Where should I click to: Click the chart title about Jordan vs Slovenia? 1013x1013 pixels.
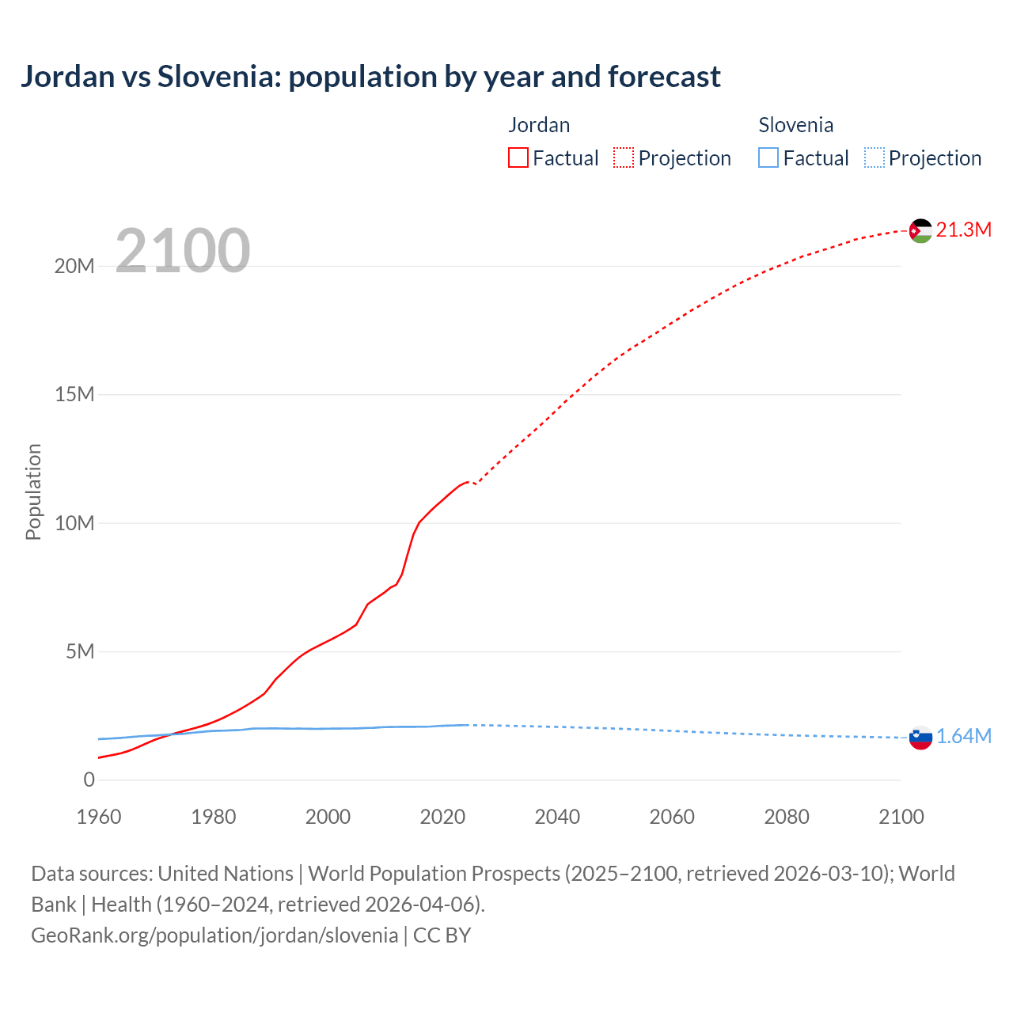pyautogui.click(x=370, y=77)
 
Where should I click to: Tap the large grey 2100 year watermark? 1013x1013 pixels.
pyautogui.click(x=183, y=251)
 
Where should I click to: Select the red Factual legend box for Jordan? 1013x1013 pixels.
pyautogui.click(x=518, y=157)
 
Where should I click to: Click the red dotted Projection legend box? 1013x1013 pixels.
pyautogui.click(x=624, y=157)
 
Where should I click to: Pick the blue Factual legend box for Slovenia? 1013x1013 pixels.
pyautogui.click(x=768, y=157)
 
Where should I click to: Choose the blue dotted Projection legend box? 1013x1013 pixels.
pyautogui.click(x=875, y=157)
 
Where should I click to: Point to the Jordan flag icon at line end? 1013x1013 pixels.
pyautogui.click(x=920, y=231)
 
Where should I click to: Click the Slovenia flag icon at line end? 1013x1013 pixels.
pyautogui.click(x=920, y=738)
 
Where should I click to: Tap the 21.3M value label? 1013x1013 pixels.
pyautogui.click(x=963, y=230)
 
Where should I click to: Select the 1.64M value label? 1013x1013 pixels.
pyautogui.click(x=963, y=737)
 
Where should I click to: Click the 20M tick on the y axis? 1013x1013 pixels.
pyautogui.click(x=74, y=267)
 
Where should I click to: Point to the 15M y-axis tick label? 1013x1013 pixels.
pyautogui.click(x=74, y=395)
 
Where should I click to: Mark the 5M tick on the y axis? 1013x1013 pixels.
pyautogui.click(x=80, y=652)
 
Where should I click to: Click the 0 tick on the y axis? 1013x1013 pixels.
pyautogui.click(x=89, y=780)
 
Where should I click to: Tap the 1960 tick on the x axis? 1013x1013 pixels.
pyautogui.click(x=99, y=817)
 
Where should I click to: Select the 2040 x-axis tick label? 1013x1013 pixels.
pyautogui.click(x=557, y=817)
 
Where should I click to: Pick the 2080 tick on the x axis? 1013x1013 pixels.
pyautogui.click(x=787, y=817)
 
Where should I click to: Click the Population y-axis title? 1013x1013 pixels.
pyautogui.click(x=33, y=491)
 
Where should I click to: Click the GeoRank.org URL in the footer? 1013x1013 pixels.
pyautogui.click(x=214, y=935)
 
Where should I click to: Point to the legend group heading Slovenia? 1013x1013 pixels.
pyautogui.click(x=795, y=125)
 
